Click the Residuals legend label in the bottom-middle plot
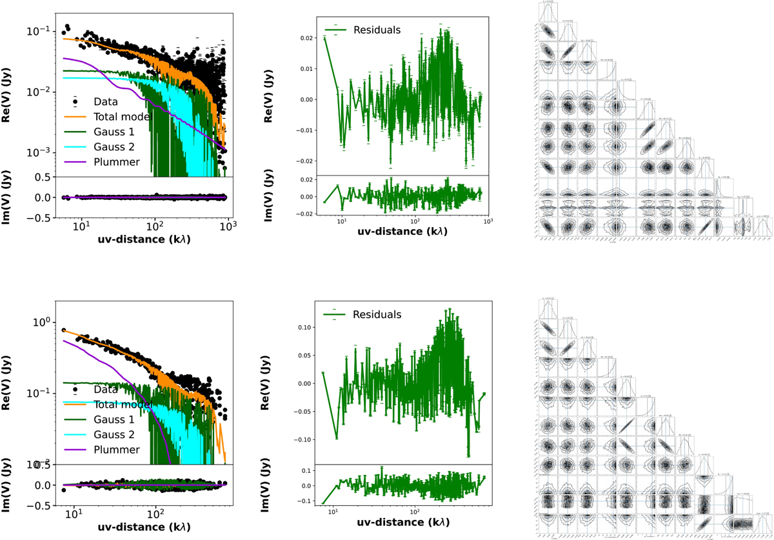[377, 314]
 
